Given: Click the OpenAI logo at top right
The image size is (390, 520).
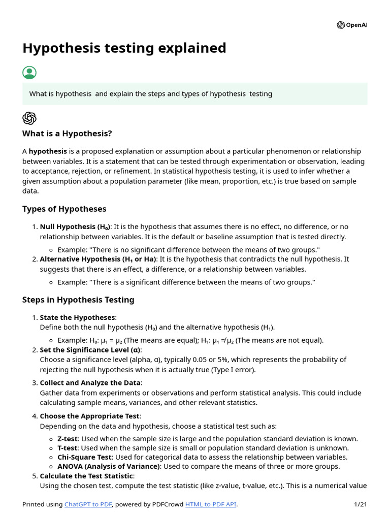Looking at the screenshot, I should coord(352,25).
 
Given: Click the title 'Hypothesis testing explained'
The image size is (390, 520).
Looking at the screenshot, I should coord(124,48).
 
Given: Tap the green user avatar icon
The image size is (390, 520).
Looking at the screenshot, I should coord(29,72).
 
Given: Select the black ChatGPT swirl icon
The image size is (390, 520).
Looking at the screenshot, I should coord(29,118).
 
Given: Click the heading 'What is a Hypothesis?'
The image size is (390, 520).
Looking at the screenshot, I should coord(67,134).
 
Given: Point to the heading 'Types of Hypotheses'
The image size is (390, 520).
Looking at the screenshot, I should coord(64,209).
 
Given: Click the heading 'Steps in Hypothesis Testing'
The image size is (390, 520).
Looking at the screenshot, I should coord(78,300).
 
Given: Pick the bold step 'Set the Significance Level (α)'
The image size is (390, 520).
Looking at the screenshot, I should coord(90,350).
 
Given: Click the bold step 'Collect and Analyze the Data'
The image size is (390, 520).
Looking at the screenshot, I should coord(90,383).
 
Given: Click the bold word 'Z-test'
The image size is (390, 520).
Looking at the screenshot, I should coord(68,439).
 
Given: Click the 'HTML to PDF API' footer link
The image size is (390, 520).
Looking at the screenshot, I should coord(210,504).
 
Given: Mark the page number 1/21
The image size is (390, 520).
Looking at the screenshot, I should coord(360,504).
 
